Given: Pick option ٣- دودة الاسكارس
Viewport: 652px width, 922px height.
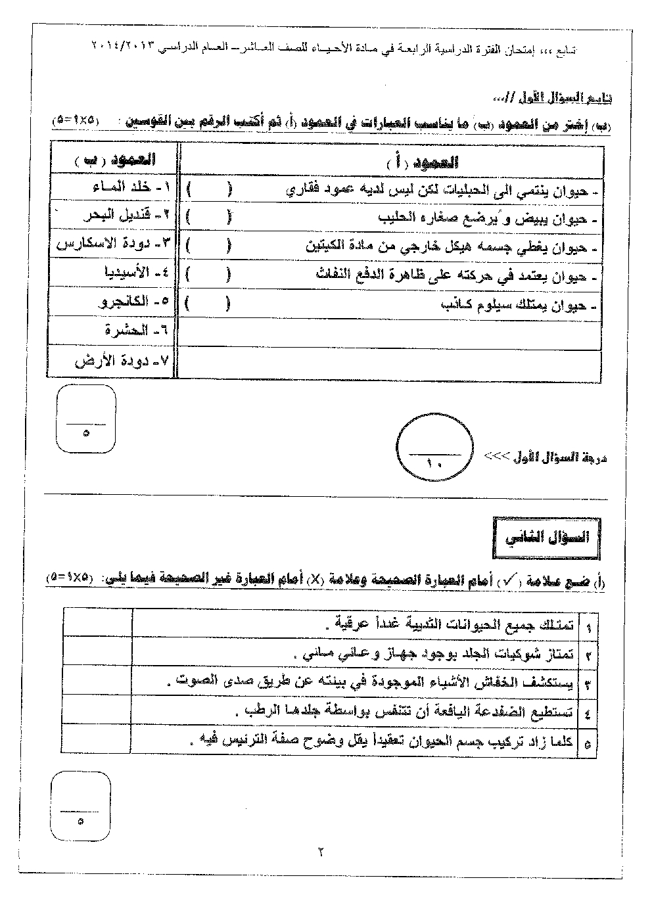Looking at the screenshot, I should (x=113, y=243).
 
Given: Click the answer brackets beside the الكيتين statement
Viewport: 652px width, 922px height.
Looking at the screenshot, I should (x=208, y=246).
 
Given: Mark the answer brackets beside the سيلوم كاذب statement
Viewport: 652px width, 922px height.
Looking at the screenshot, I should (x=208, y=304).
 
